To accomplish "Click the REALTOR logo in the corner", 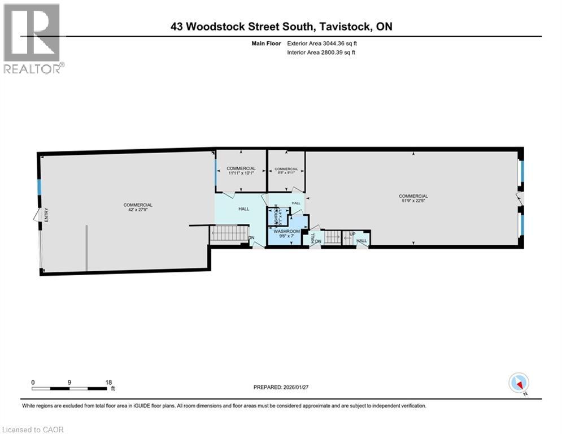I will click(33, 38).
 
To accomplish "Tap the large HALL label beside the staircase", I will click(243, 209).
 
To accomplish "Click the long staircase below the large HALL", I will click(229, 234).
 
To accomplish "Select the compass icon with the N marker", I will click(519, 383).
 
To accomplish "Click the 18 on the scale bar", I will click(108, 382).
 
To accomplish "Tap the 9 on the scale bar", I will click(69, 382).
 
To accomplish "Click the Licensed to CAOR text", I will click(33, 429).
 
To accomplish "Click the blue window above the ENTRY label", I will click(39, 187).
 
